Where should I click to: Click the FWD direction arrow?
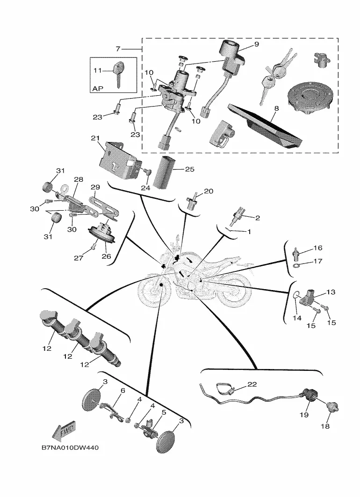click(64, 431)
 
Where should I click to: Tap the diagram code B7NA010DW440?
click(70, 448)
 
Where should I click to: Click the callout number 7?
click(118, 49)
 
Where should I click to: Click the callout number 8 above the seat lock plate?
click(276, 108)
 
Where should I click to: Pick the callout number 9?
click(256, 44)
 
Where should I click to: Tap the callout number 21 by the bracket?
click(95, 138)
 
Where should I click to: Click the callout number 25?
click(190, 169)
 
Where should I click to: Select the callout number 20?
click(209, 191)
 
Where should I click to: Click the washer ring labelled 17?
click(296, 265)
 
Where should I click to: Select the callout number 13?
click(331, 291)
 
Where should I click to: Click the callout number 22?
click(252, 384)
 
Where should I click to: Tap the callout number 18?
click(325, 426)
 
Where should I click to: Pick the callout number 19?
click(304, 415)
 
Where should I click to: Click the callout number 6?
click(123, 390)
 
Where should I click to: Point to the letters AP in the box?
click(98, 89)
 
